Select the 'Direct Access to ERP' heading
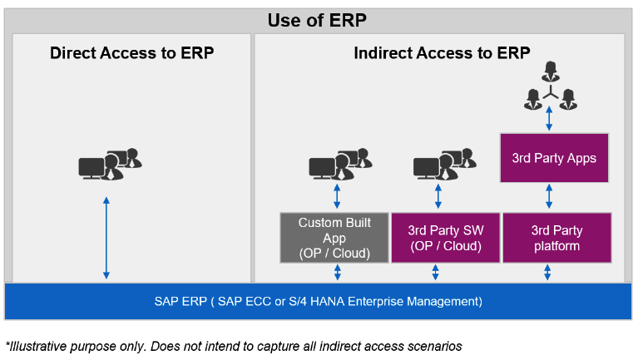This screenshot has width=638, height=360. tap(131, 53)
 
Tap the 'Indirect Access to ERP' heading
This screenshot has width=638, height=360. tap(442, 53)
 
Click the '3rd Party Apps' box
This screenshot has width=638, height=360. tap(554, 158)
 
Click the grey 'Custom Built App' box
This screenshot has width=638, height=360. tap(334, 238)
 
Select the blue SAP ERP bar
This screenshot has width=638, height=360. tap(318, 301)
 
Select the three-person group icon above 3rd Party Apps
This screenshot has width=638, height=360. tap(549, 86)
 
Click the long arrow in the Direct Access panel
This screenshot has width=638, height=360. tap(106, 238)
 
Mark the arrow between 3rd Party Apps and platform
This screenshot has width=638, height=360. tap(549, 198)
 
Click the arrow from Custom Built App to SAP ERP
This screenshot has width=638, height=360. tap(337, 273)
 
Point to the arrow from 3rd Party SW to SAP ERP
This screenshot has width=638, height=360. tap(436, 273)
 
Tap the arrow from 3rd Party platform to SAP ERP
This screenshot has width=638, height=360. tap(547, 273)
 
